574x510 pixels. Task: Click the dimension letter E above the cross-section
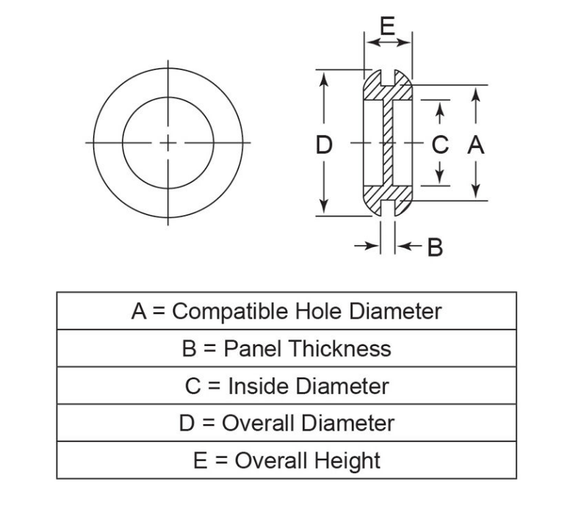(x=388, y=26)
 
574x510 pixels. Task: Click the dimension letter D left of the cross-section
(x=324, y=144)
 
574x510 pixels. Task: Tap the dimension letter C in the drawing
(x=440, y=144)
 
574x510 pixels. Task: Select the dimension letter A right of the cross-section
(x=476, y=144)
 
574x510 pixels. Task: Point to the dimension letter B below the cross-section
(x=435, y=247)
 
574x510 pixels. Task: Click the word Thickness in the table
(x=341, y=348)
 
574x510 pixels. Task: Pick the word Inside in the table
(x=258, y=386)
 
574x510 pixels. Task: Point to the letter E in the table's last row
(x=200, y=461)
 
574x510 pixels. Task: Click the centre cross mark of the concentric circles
(x=168, y=143)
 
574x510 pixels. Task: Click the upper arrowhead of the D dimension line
(x=323, y=79)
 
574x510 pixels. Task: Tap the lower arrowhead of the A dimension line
(x=476, y=191)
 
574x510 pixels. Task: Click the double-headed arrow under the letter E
(x=388, y=43)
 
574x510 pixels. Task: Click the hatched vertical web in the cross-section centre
(x=388, y=142)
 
